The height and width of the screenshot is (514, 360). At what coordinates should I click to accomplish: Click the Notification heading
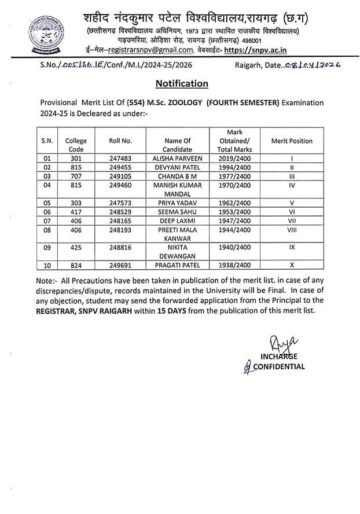point(182,83)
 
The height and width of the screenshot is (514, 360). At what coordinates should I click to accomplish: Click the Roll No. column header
point(120,141)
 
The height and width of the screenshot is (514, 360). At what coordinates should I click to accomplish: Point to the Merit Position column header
point(292,141)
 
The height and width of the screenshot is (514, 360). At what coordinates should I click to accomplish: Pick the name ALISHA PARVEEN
point(177,157)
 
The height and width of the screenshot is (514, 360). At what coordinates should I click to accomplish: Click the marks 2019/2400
point(234,157)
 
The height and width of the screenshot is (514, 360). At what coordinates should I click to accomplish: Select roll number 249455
point(120,167)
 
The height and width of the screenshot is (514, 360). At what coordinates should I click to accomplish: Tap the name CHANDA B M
point(177,176)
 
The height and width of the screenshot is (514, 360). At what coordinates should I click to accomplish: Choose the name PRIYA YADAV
point(177,203)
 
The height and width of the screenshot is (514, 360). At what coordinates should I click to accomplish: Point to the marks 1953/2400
point(234,212)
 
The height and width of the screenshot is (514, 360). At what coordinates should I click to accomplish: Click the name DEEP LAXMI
point(177,221)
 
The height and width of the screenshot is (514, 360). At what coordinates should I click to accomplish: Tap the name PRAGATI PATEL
point(177,266)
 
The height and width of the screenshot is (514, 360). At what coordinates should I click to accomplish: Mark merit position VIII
point(292,230)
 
